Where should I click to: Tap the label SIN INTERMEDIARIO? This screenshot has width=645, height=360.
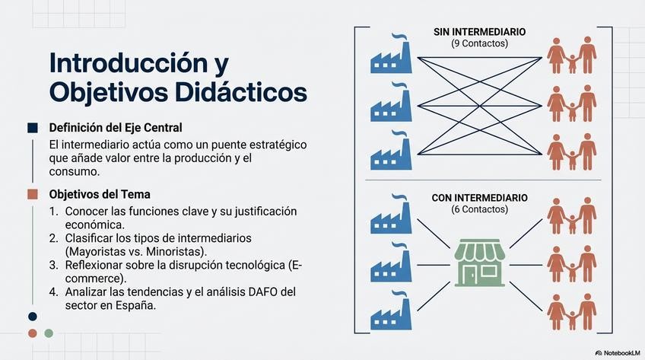click(479, 32)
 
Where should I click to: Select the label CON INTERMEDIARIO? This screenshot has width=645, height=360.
click(479, 198)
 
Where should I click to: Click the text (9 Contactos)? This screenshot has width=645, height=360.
click(479, 44)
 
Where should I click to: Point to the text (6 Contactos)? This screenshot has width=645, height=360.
click(479, 209)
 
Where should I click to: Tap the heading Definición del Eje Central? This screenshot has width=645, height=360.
click(116, 127)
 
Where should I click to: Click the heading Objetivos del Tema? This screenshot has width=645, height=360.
click(100, 194)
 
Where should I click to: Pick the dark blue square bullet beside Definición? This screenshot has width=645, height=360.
click(32, 127)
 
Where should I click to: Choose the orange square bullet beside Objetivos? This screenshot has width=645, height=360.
click(32, 194)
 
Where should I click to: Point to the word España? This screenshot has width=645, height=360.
click(136, 306)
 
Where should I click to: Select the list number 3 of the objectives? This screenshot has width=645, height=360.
click(53, 265)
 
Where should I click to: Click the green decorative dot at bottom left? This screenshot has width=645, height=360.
click(49, 333)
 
